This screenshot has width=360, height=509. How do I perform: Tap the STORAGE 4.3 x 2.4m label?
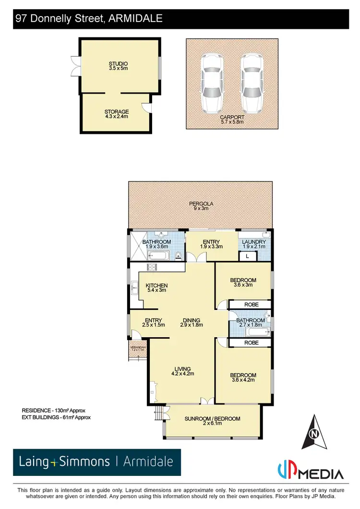pyautogui.click(x=117, y=114)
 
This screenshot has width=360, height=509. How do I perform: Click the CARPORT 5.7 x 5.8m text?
pyautogui.click(x=232, y=119)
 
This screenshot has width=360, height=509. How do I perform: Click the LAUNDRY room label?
pyautogui.click(x=254, y=244)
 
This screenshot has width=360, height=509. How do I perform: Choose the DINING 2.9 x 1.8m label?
pyautogui.click(x=192, y=323)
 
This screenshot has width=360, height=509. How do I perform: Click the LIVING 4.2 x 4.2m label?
pyautogui.click(x=182, y=371)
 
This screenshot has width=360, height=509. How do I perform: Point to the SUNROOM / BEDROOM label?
pyautogui.click(x=212, y=421)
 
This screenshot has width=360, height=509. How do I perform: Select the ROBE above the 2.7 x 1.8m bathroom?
pyautogui.click(x=251, y=304)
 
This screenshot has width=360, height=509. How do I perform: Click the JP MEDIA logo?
pyautogui.click(x=311, y=472)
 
